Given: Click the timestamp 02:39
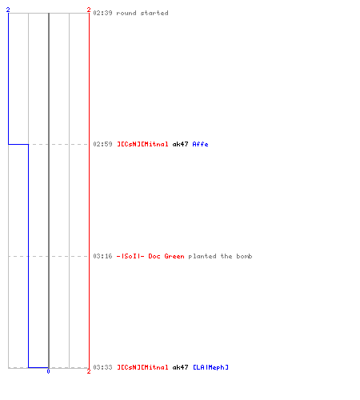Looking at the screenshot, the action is coord(102,13).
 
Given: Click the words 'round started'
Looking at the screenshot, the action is coord(142,13).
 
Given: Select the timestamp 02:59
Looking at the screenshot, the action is coord(102,144).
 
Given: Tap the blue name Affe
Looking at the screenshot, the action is coord(200,144).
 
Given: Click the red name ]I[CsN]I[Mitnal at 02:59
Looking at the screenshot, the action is coord(142,144).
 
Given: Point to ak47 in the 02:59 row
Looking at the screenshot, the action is coord(180,144).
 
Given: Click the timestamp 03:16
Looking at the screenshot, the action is coord(102,256).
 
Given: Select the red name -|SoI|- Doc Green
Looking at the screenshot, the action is coord(150,256).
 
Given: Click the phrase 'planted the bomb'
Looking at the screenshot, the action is coord(220,256).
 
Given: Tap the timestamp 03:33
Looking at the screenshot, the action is coord(102,367).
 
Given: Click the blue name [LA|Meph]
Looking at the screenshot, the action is coord(210,367).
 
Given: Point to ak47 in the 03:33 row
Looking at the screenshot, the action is coord(180,367).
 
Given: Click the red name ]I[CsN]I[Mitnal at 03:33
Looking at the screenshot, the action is coord(142,367).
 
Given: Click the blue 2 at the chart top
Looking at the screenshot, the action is coord(8,10).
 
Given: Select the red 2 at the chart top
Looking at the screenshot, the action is coord(89,10).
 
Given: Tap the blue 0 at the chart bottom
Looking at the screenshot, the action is coord(48,371).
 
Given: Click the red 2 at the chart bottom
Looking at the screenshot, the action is coord(89,371).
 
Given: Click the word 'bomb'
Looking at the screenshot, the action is coord(244,256).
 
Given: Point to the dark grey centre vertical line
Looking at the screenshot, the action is coord(49,190).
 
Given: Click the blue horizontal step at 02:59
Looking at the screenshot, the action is coord(18,144).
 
